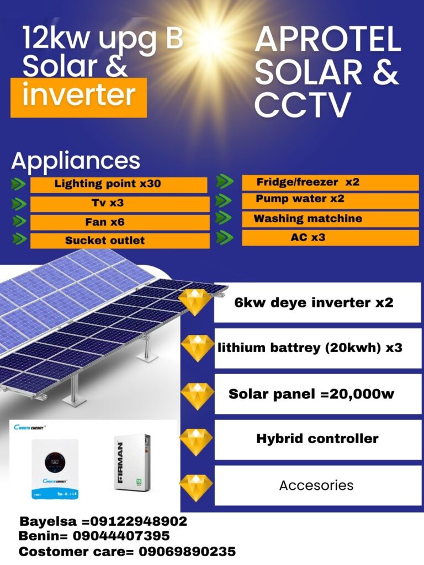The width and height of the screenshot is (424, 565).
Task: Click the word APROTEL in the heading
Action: [328, 40]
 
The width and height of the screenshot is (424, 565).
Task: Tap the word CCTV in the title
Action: [303, 104]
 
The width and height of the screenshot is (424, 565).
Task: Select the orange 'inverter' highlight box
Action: [78, 98]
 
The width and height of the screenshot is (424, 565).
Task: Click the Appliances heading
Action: [76, 161]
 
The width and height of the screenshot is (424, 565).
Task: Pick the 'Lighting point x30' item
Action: [119, 184]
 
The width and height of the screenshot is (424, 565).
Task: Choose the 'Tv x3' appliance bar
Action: [120, 204]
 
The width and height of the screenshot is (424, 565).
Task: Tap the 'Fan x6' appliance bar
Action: [120, 222]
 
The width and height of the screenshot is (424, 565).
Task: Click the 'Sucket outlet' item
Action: [120, 241]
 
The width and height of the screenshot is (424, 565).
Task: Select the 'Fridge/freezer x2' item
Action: [330, 182]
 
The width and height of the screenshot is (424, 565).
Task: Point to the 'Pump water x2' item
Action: [330, 201]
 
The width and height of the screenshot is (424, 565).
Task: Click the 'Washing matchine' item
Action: [330, 220]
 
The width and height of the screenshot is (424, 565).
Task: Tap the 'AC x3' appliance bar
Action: [330, 238]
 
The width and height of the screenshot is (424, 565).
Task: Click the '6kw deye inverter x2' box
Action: [317, 302]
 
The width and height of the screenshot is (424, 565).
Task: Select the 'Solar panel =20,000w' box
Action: [317, 394]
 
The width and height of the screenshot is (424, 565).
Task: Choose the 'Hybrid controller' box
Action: [317, 439]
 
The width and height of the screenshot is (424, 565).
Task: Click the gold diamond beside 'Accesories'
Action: [196, 488]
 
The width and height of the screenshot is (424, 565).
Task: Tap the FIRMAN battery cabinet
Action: [132, 462]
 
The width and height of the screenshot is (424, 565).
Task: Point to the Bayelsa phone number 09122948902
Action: [139, 521]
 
